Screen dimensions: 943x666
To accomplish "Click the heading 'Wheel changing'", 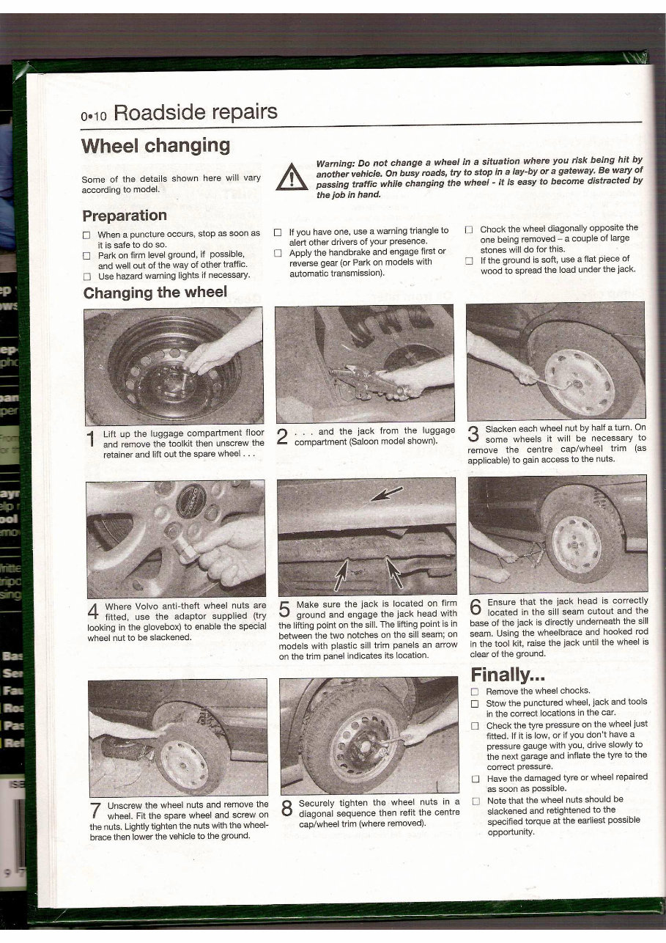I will click(156, 145).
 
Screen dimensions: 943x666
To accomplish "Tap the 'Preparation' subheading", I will click(124, 216).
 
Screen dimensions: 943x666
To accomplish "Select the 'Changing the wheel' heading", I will click(155, 293).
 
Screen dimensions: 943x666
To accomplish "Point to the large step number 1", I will click(90, 439).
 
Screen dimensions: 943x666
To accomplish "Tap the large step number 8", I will click(286, 809).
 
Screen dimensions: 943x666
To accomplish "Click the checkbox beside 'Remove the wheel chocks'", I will click(474, 691).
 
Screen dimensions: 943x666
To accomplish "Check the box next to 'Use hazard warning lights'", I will click(86, 276).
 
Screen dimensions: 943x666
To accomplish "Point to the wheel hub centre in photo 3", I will click(577, 382).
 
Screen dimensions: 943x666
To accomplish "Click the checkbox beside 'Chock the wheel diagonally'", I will click(469, 229).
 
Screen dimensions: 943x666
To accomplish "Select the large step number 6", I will click(475, 606).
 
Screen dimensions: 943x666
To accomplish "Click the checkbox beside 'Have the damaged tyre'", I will click(474, 778).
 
